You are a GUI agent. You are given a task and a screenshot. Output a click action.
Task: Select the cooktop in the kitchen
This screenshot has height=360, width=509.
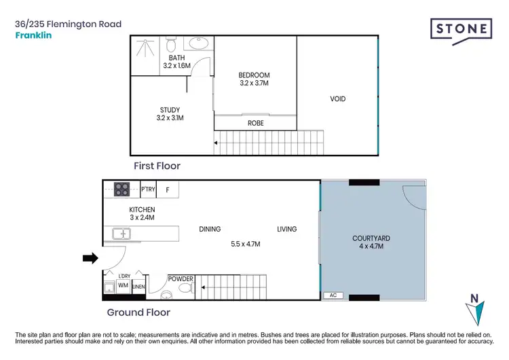121,190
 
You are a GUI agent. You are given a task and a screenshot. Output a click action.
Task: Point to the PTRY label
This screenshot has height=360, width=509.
147,190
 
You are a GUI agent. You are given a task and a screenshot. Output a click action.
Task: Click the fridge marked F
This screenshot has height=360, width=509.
168,190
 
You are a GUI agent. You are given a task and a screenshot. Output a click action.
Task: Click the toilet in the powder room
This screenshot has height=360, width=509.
185,288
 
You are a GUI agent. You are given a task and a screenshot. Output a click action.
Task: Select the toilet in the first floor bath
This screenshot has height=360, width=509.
172,46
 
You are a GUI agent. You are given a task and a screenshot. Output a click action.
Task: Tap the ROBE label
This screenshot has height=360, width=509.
255,124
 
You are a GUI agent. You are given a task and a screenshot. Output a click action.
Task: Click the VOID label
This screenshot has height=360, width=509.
337,99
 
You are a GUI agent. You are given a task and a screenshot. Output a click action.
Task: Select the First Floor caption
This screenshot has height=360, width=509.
157,165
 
